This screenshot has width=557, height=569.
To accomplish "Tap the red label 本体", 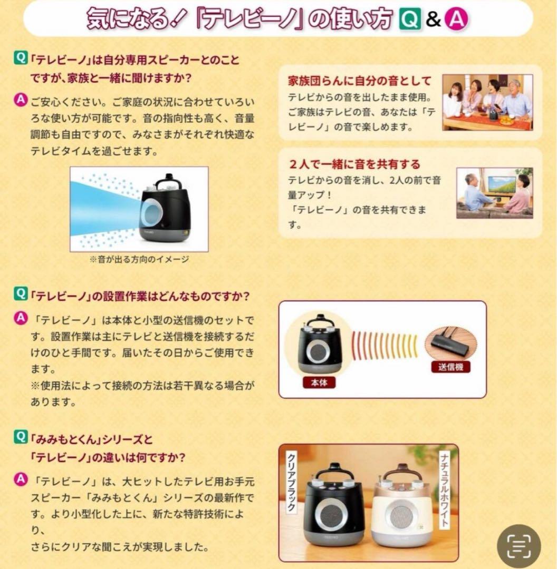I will coord(319,382).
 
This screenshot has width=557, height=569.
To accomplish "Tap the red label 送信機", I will coord(450,367).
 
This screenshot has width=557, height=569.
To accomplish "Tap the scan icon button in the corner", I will coord(519,546).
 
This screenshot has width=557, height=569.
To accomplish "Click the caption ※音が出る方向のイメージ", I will coord(139,259).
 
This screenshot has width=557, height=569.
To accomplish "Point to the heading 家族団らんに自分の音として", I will coord(359,81).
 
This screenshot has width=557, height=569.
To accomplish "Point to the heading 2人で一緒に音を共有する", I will coord(354,164).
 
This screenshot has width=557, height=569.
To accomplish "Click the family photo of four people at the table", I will coord(487,102).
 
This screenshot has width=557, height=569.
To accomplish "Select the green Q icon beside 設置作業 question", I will coord(20,293).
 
